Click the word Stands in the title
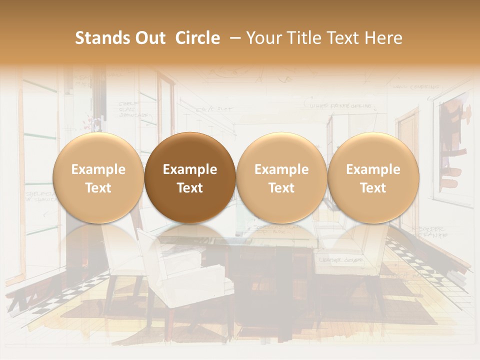[99, 38]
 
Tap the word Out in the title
[149, 38]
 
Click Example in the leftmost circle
[98, 169]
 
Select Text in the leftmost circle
[98, 188]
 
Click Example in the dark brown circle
[190, 169]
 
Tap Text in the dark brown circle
[190, 188]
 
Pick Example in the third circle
[281, 169]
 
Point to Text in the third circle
[281, 188]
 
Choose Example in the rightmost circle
[373, 169]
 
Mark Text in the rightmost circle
[373, 188]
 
